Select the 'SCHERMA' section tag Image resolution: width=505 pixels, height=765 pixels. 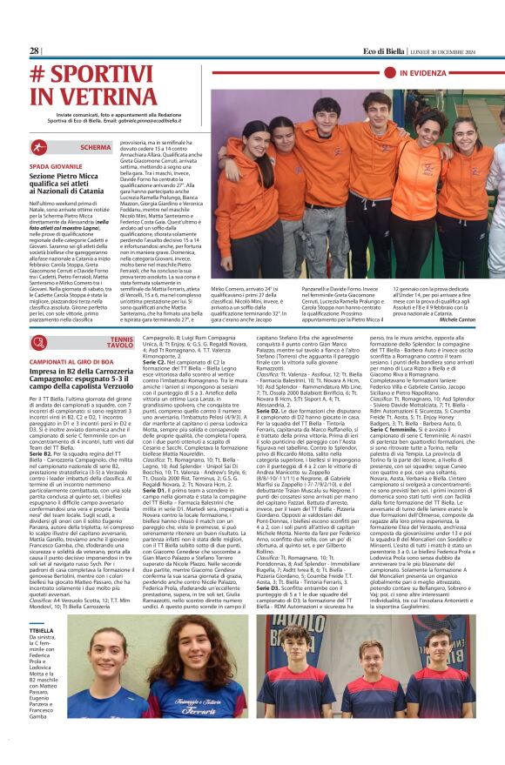coord(97,147)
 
